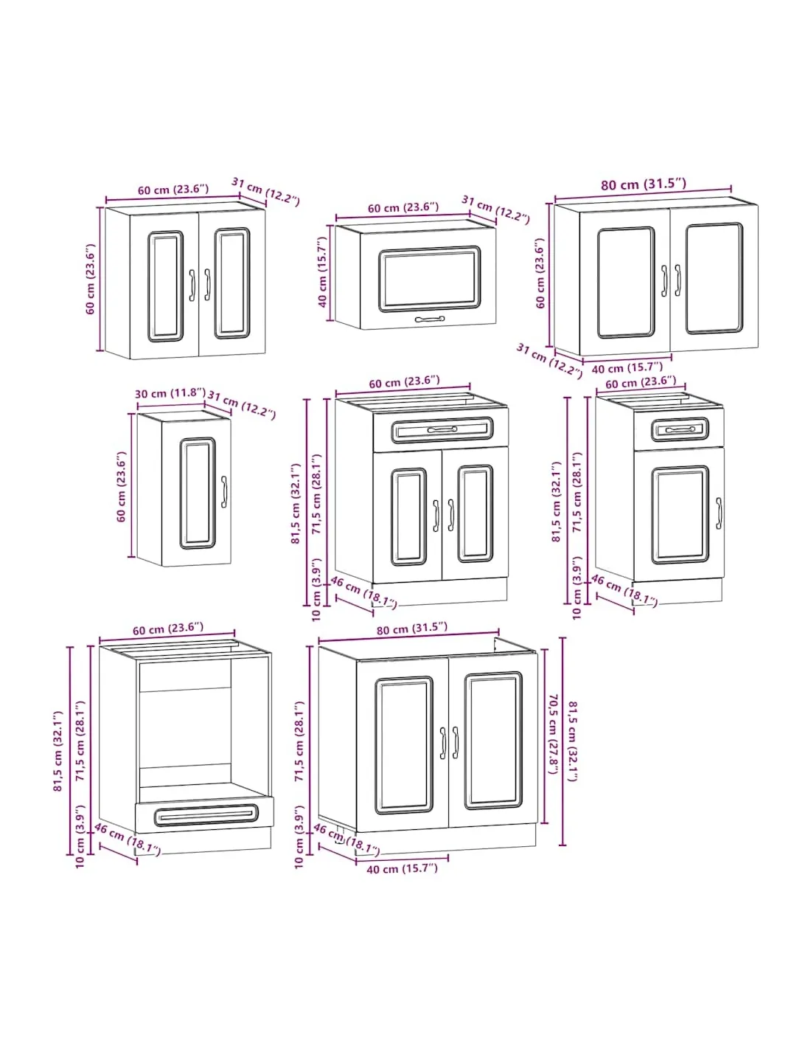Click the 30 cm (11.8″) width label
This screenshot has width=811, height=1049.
click(x=170, y=393)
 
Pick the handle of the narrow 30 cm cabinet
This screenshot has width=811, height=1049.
click(x=224, y=492)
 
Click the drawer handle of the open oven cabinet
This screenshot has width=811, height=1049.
click(x=206, y=816)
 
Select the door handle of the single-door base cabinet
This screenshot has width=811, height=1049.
click(x=718, y=513)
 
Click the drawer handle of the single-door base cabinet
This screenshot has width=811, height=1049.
click(x=681, y=429)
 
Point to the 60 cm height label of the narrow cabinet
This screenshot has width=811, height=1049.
click(x=121, y=487)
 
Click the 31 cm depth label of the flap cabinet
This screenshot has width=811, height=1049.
click(x=495, y=210)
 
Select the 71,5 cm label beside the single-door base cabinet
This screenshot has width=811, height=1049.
click(x=577, y=492)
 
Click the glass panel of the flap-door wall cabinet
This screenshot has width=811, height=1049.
click(x=429, y=279)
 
